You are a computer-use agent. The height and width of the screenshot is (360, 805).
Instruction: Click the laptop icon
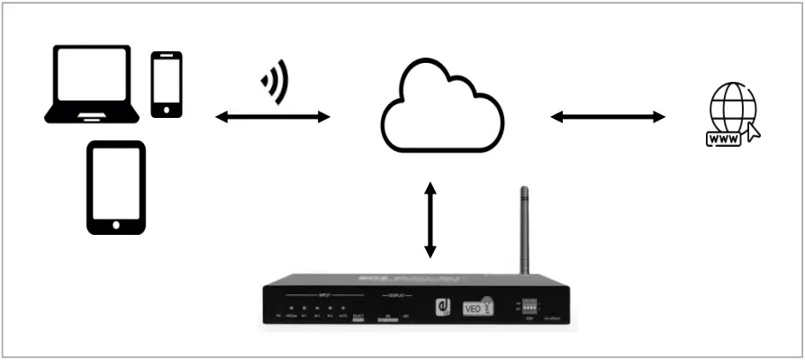(92, 83)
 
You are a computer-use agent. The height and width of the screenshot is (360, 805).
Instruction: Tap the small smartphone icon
(167, 84)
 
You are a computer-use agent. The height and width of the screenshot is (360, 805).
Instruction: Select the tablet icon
(115, 187)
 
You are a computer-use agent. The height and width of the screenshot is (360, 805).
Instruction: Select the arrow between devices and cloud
(274, 116)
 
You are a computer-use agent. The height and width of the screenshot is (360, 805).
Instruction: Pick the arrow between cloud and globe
(608, 116)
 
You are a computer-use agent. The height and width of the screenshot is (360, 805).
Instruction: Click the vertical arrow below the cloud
(431, 220)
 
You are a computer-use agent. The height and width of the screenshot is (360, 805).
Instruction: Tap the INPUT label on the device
(324, 294)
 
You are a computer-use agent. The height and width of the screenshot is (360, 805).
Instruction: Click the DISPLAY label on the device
(397, 294)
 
